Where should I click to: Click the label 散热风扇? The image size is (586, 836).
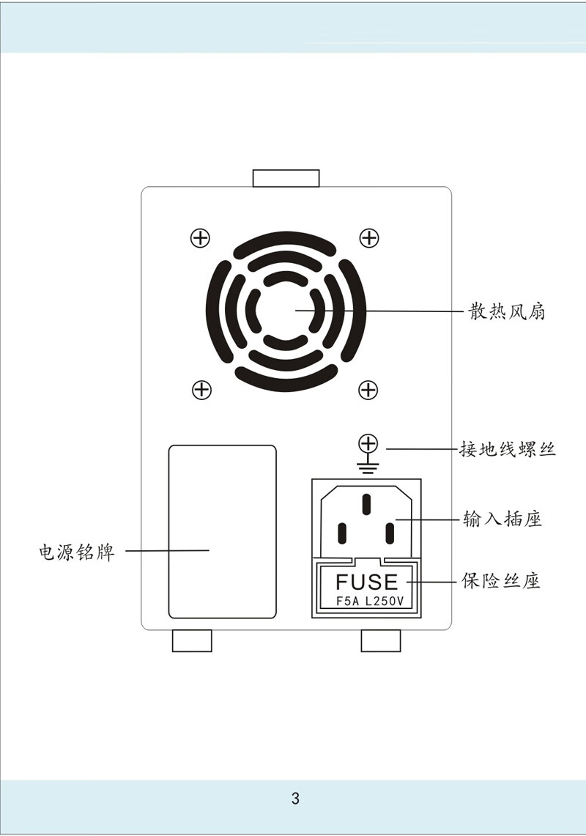507,312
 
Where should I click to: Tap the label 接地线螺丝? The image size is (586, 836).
507,448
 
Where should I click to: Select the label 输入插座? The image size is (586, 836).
502,519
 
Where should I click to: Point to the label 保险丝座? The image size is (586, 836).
502,582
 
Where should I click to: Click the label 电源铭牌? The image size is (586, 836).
77,551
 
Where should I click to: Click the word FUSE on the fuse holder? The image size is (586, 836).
367,582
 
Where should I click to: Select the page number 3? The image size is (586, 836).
295,799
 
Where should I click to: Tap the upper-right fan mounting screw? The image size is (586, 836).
369,237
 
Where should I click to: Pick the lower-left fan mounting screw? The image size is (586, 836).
201,390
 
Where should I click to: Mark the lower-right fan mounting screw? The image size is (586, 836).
368,390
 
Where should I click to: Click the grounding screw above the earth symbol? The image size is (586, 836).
368,443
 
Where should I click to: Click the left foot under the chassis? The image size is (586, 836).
192,640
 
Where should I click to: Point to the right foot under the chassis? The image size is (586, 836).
382,640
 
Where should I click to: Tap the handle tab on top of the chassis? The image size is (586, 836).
286,178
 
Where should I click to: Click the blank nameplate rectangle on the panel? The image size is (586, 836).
223,531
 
